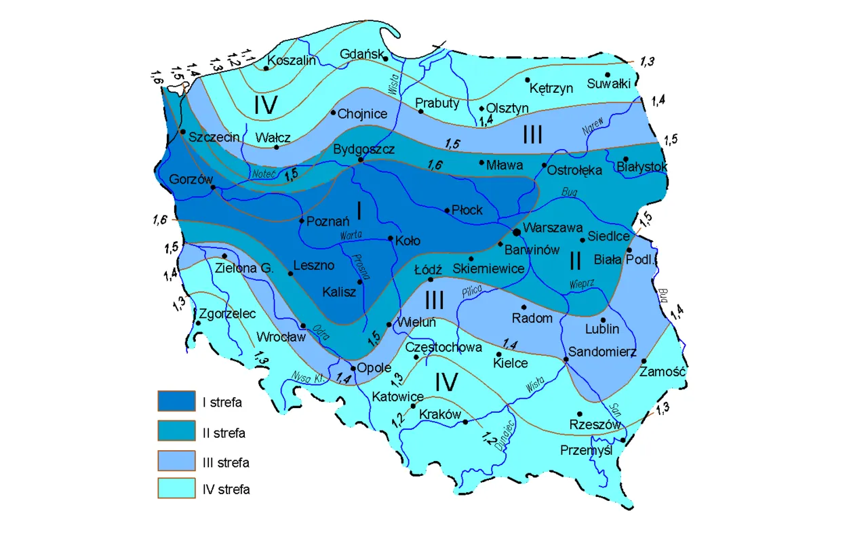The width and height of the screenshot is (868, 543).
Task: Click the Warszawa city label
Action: coord(552,229)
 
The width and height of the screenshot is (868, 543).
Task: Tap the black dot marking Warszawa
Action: coord(517,232)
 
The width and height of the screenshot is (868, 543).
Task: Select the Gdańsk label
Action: coord(361,54)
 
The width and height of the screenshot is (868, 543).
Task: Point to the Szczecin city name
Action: coord(214,137)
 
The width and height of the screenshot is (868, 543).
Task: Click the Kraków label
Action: coord(440,414)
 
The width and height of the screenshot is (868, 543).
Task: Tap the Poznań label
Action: coord(328,221)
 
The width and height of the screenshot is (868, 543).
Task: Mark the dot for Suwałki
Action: coord(608,75)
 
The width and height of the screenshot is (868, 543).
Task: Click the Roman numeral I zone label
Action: coord(359,212)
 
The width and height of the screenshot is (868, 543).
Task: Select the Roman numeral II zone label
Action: coord(576,259)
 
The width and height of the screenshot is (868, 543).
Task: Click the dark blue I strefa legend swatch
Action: coord(176,402)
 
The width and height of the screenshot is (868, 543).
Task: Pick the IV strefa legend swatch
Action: coord(176,489)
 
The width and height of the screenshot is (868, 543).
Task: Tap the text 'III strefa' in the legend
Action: coord(226,463)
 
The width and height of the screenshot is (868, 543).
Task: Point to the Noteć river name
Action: coord(262,174)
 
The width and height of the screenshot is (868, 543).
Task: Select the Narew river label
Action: coord(593,127)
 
